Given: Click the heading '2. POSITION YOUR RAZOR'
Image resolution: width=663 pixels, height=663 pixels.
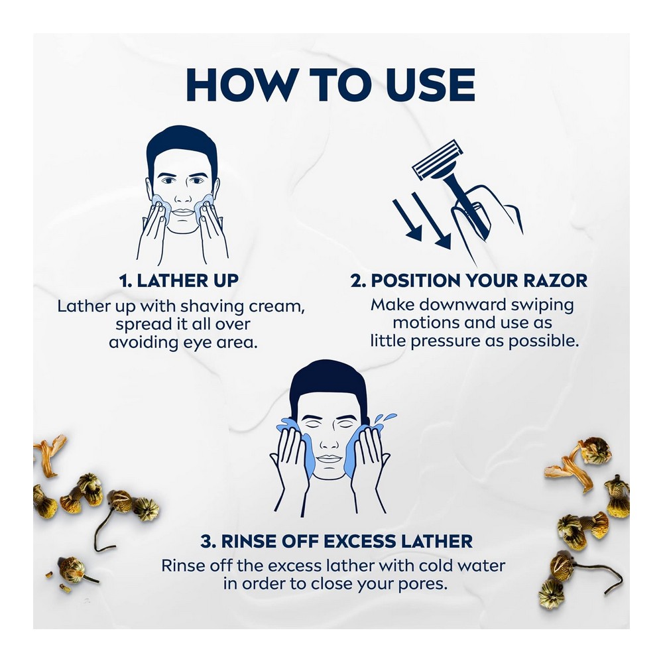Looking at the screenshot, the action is click(x=469, y=280).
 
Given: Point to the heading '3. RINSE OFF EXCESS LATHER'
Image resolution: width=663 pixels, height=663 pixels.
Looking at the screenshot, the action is click(x=337, y=541).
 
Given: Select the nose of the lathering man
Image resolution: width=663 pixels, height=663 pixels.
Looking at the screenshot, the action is click(x=183, y=196).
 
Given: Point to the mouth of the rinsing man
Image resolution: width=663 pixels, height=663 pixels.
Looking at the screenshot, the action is click(x=329, y=458).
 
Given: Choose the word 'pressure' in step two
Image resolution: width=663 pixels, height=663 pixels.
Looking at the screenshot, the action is click(x=446, y=341).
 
